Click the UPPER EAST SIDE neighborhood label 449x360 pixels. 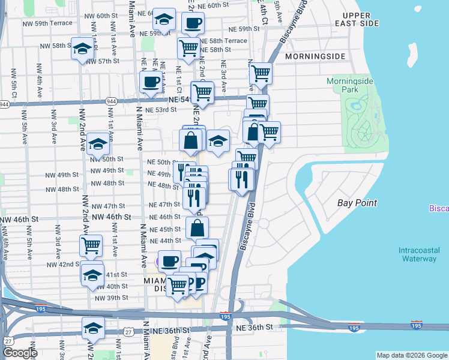360,19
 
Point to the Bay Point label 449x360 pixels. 357,203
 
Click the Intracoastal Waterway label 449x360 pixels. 419,254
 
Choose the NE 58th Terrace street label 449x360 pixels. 223,41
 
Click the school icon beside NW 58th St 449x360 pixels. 82,49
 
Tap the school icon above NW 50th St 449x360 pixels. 98,143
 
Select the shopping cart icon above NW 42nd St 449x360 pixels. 91,244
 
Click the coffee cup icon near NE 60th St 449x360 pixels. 192,23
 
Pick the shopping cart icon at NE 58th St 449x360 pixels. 189,47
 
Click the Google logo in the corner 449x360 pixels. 20,353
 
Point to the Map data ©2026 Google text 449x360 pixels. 412,355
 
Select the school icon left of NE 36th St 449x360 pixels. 93,328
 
